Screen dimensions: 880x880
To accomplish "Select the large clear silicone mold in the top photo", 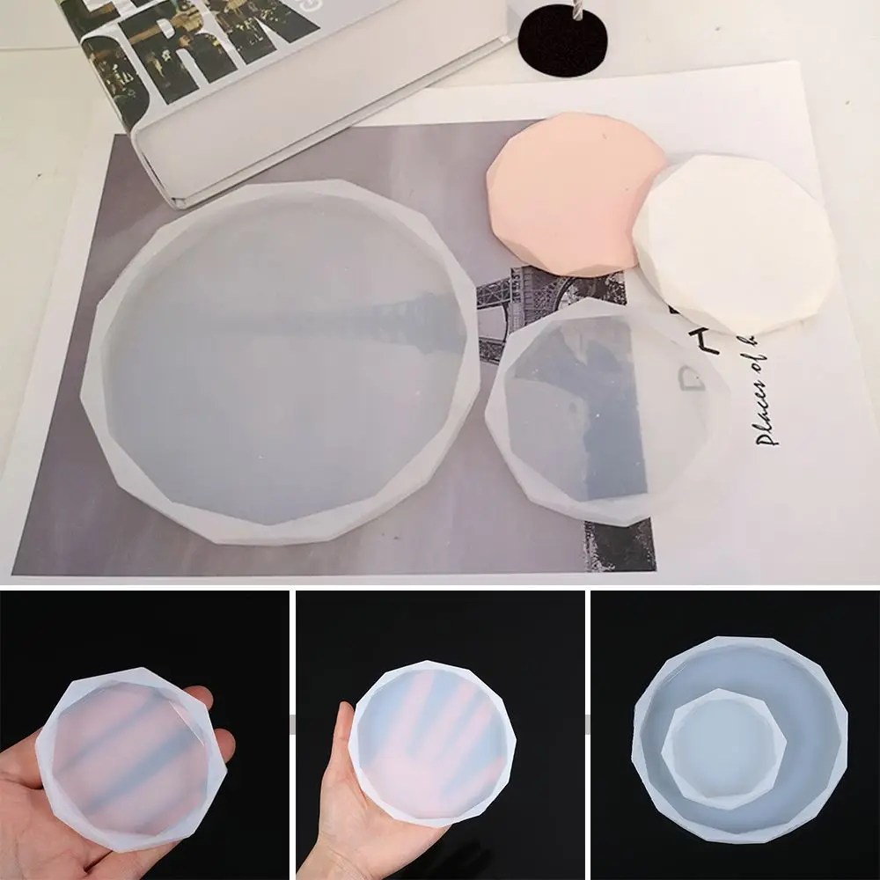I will coord(282,370).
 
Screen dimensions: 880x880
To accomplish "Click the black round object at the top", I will coord(563,40).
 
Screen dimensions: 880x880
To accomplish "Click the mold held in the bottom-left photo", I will coord(132,757).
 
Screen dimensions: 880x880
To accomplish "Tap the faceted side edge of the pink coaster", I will coord(519,238).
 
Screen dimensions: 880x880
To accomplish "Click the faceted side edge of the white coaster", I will coord(669,290).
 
